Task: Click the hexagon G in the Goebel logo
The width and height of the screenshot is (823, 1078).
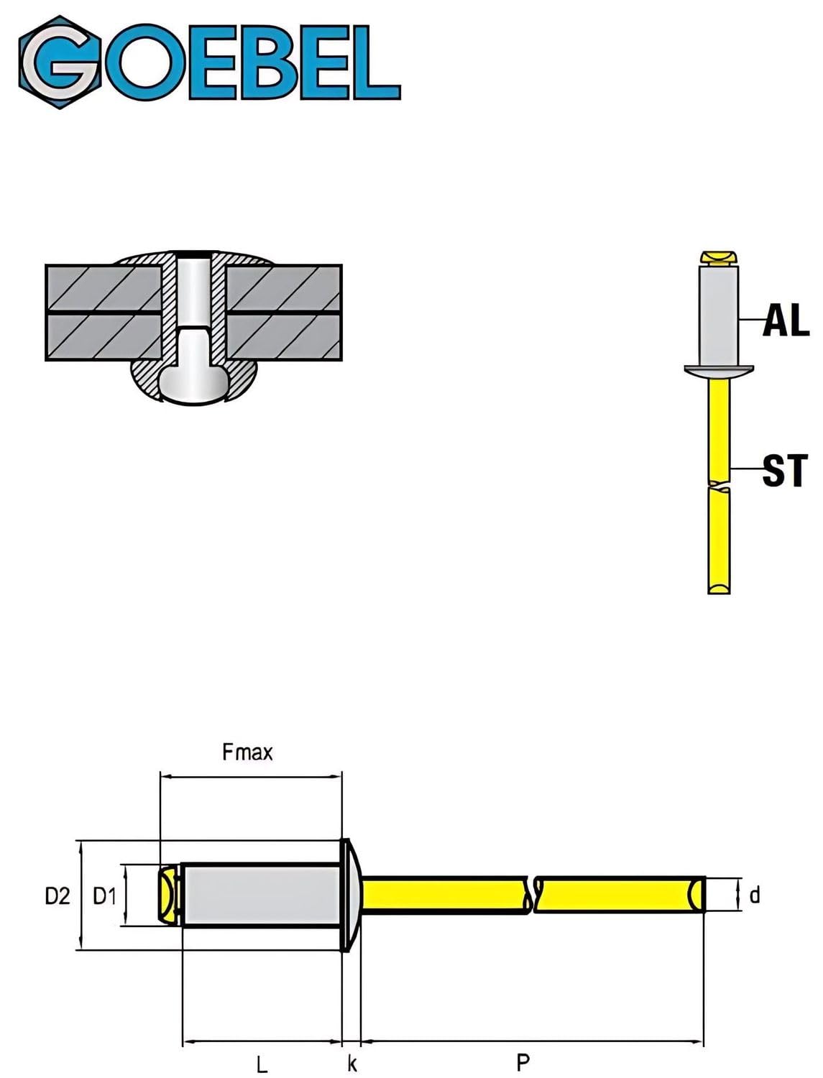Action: (x=60, y=63)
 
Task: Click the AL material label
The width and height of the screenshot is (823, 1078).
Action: (x=786, y=321)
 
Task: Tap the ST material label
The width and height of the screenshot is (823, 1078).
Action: (x=784, y=471)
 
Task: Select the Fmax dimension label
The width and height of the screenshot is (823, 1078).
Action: (x=247, y=752)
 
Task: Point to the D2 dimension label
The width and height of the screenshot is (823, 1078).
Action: (x=58, y=897)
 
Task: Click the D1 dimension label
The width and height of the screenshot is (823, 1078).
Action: (x=104, y=897)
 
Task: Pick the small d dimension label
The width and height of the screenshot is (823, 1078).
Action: (x=755, y=895)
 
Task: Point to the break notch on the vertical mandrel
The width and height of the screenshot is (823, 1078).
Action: (x=719, y=487)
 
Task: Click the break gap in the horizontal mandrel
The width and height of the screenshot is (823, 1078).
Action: (x=533, y=895)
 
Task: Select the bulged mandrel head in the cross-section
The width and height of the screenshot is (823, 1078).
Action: (x=195, y=384)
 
